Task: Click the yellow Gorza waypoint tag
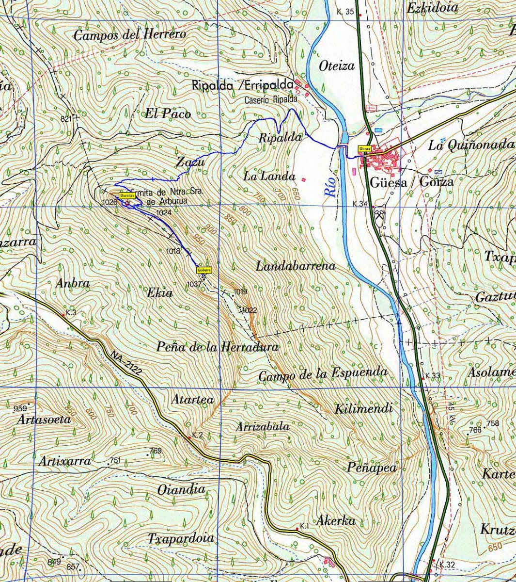tap(365, 148)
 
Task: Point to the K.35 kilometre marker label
tap(345, 12)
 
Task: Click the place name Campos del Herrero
tap(129, 35)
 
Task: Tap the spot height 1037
tap(193, 284)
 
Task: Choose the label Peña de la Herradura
tap(218, 347)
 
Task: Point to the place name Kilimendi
tap(363, 409)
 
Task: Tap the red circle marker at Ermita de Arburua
tap(127, 204)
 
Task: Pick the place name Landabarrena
tap(296, 266)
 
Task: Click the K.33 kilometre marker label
tap(432, 376)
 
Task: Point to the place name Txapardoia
tap(181, 539)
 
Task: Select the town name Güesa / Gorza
tap(411, 182)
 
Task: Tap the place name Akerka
tap(336, 521)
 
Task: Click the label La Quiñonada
tap(471, 145)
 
